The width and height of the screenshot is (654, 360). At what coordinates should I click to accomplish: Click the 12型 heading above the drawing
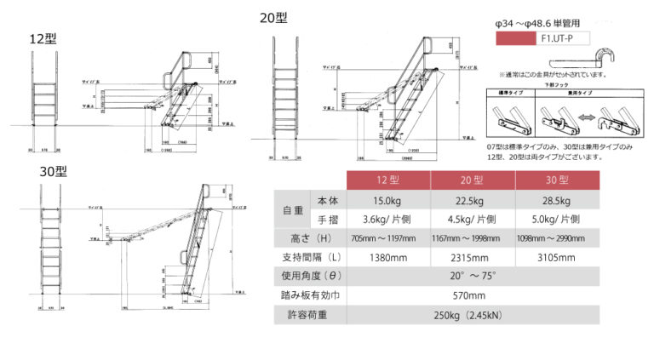pyautogui.click(x=43, y=39)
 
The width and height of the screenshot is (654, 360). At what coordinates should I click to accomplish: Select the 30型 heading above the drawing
pyautogui.click(x=54, y=171)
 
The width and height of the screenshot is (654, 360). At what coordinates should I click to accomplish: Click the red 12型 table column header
pyautogui.click(x=389, y=180)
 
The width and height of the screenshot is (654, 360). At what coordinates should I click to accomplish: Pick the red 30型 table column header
pyautogui.click(x=555, y=180)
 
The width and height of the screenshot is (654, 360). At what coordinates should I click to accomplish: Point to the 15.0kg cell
pyautogui.click(x=389, y=201)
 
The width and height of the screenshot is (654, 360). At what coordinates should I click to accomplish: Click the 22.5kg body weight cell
pyautogui.click(x=473, y=201)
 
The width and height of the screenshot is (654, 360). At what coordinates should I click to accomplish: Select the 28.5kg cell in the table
pyautogui.click(x=555, y=201)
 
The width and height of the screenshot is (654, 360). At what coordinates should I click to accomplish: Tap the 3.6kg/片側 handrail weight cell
pyautogui.click(x=389, y=219)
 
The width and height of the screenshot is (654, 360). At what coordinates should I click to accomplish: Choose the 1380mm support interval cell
pyautogui.click(x=389, y=257)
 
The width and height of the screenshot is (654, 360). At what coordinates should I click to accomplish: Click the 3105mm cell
pyautogui.click(x=555, y=257)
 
